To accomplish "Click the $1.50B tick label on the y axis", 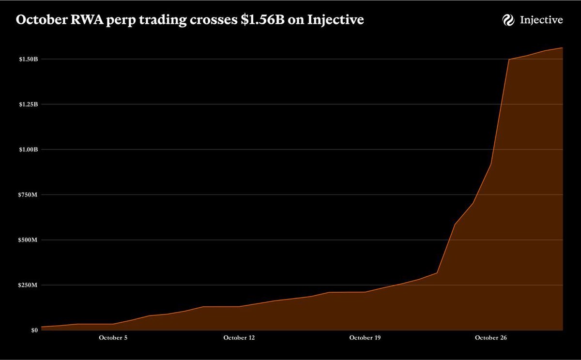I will click(x=28, y=59).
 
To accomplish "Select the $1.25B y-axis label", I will click(x=28, y=104).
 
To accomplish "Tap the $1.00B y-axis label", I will click(x=28, y=150).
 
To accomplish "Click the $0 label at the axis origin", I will click(x=34, y=330).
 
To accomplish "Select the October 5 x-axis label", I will click(x=113, y=338).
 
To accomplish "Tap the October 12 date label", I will click(x=239, y=338).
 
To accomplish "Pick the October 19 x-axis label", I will click(x=365, y=338).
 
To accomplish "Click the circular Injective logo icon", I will click(x=508, y=20).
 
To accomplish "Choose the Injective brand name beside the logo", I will click(x=541, y=20).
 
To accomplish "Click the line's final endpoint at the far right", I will click(x=562, y=47).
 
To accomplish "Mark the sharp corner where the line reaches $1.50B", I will click(x=509, y=60).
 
